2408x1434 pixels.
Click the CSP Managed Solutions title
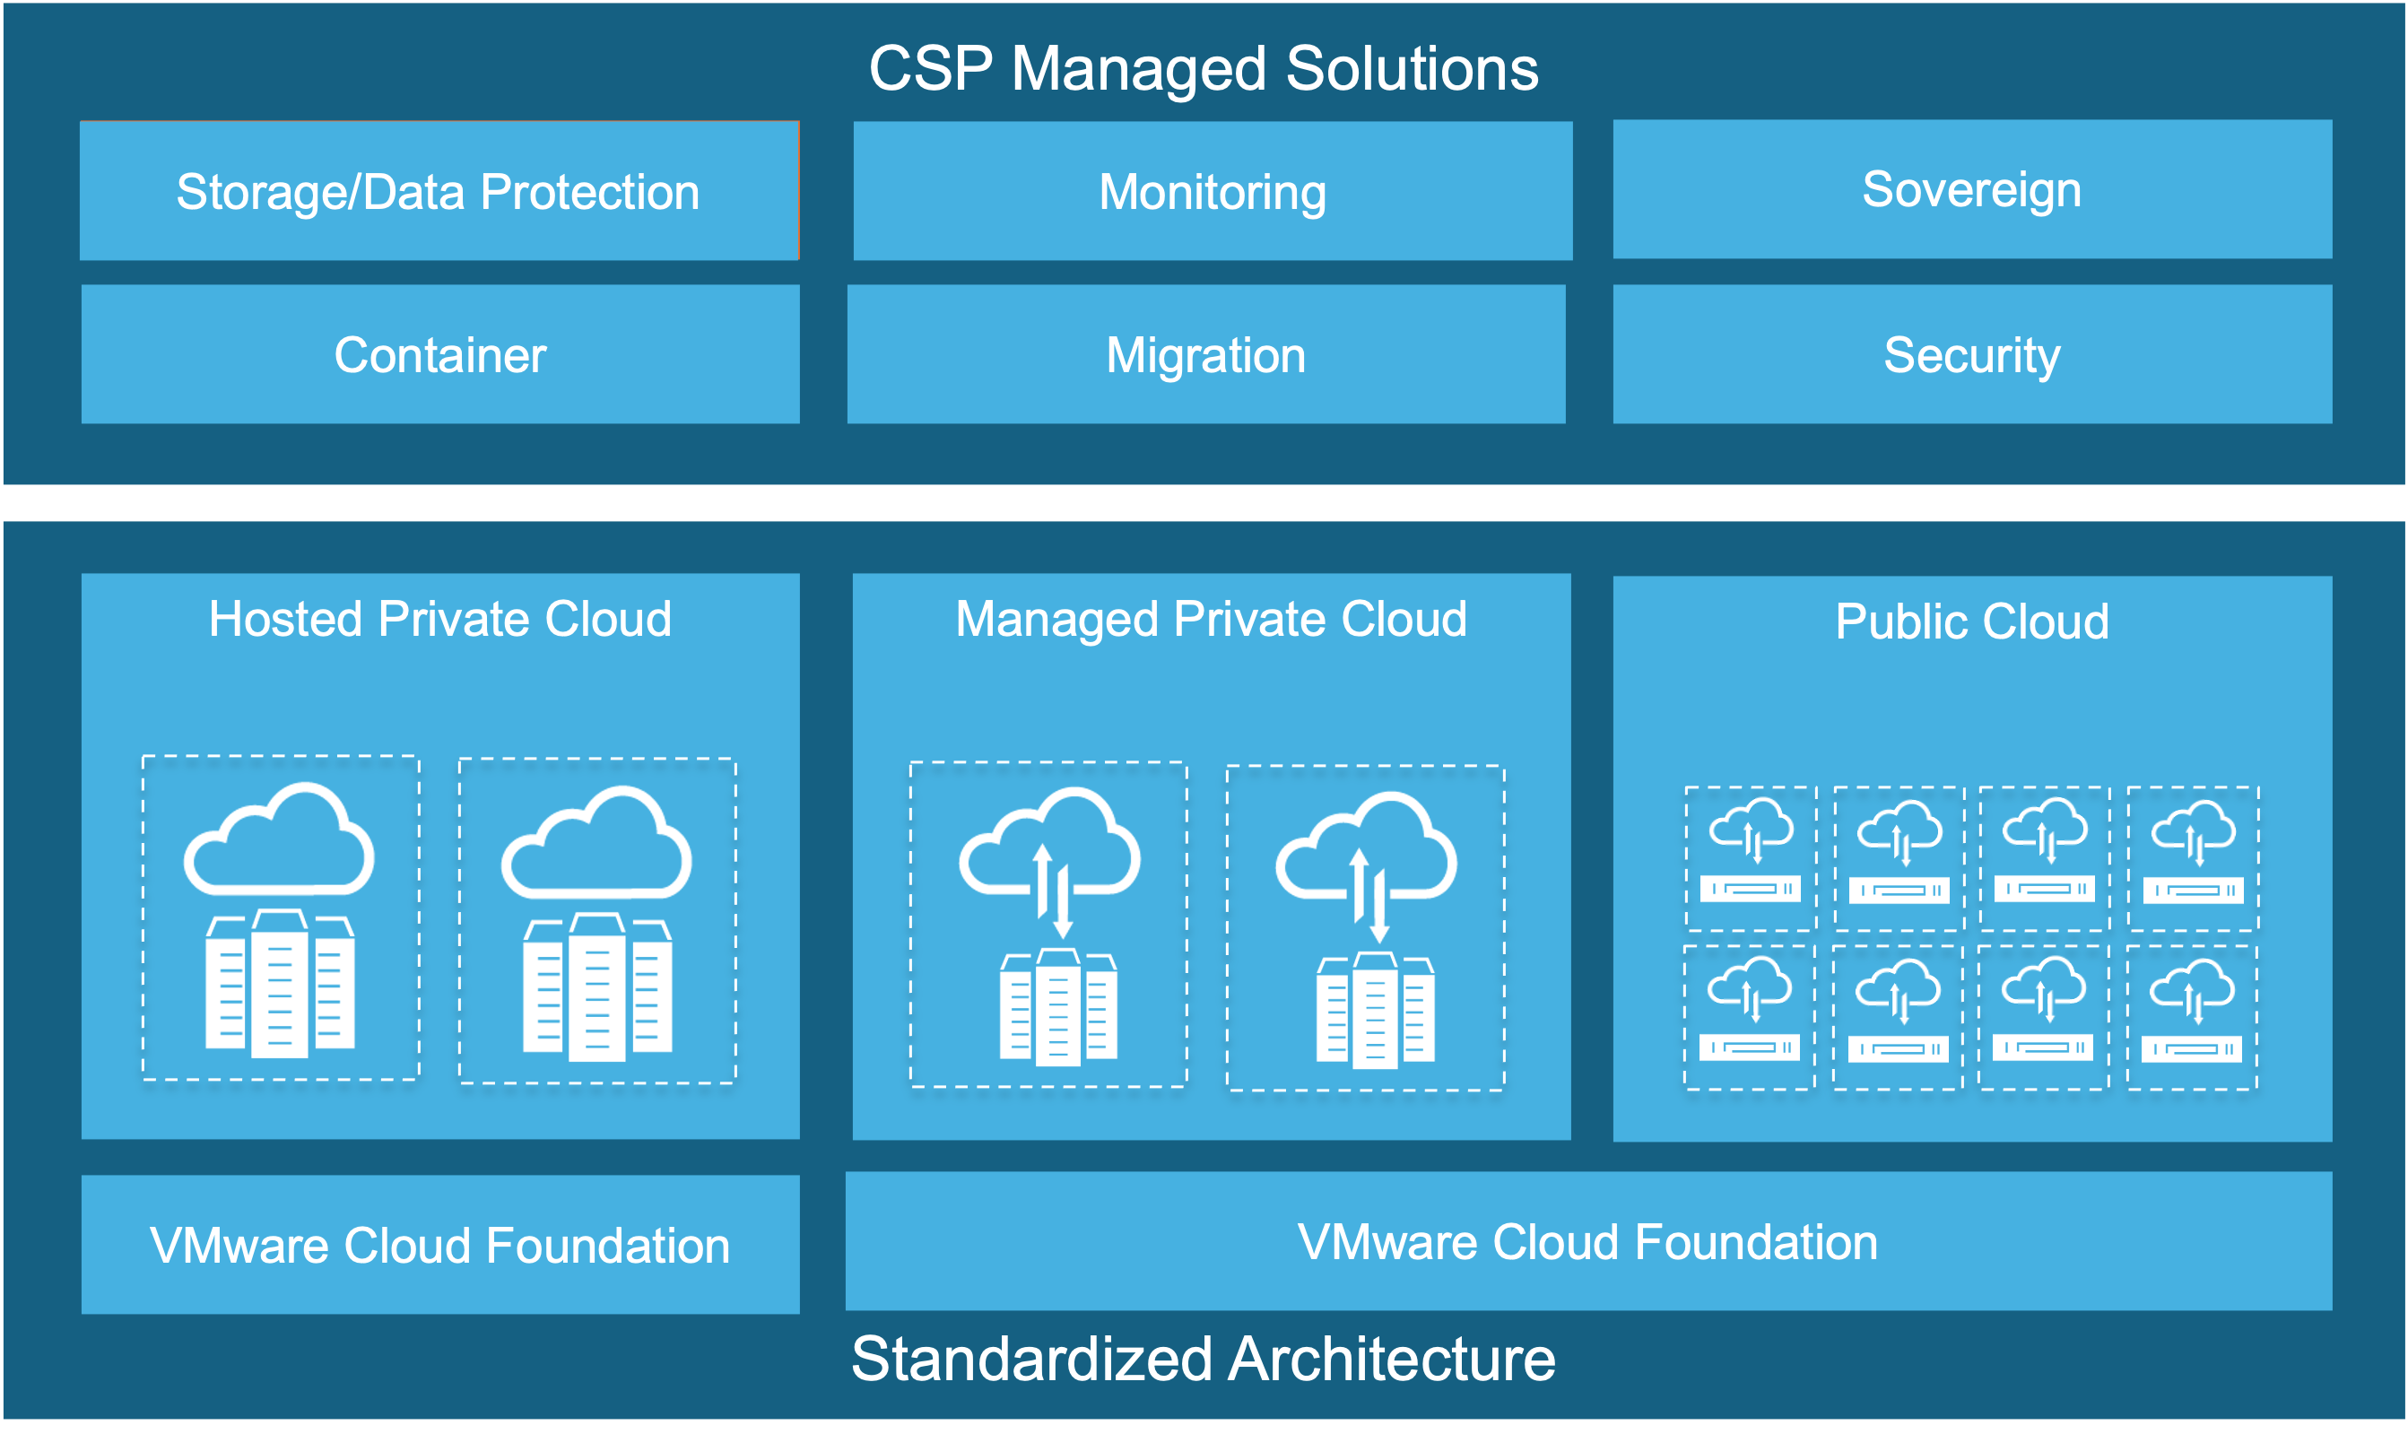1203,69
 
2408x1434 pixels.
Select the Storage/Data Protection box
439,190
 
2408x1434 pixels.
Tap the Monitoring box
1213,190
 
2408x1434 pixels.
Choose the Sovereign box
1971,189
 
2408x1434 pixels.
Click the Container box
439,353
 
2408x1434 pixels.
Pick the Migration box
1206,353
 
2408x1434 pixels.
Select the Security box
1971,353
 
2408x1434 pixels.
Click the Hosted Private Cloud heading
439,619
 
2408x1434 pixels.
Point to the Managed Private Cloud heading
1211,619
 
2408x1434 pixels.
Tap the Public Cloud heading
1971,621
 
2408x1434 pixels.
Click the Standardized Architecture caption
1203,1359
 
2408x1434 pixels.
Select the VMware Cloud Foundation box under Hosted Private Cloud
439,1245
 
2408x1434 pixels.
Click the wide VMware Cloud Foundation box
1587,1242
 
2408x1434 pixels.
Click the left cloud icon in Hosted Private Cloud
279,840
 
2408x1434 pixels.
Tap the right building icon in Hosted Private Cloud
597,987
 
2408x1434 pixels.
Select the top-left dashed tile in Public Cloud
1750,858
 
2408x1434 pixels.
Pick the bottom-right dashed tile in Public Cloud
2192,1018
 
